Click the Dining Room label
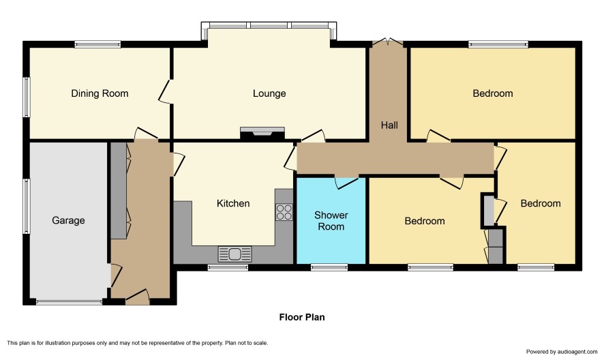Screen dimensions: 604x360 100,93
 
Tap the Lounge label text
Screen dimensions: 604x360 269,93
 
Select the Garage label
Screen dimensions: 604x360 68,220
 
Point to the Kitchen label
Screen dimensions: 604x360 233,203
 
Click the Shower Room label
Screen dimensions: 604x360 331,221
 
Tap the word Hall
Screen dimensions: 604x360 389,125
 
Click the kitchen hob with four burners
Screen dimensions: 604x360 284,212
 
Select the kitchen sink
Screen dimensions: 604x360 235,254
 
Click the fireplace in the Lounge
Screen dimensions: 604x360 262,134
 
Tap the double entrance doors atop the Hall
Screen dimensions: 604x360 388,42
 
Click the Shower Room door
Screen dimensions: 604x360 347,182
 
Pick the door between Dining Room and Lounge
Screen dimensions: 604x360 165,92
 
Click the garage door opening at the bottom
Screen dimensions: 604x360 70,302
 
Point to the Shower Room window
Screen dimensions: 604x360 329,267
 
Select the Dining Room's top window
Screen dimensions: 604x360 98,44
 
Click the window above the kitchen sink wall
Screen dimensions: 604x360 228,267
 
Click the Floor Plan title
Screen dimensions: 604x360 302,317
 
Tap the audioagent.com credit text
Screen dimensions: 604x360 562,352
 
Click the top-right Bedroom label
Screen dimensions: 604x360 493,93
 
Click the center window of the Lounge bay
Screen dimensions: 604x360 269,25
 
